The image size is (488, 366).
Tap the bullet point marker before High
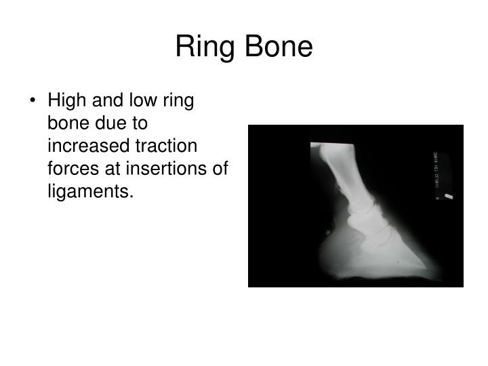click(x=33, y=102)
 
